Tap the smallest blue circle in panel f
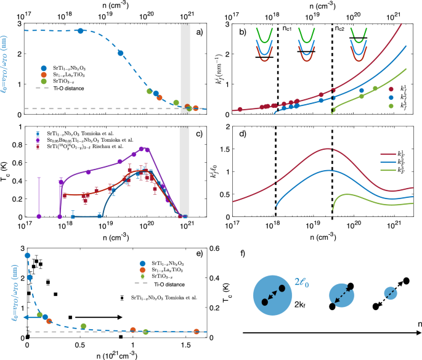(390, 292)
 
